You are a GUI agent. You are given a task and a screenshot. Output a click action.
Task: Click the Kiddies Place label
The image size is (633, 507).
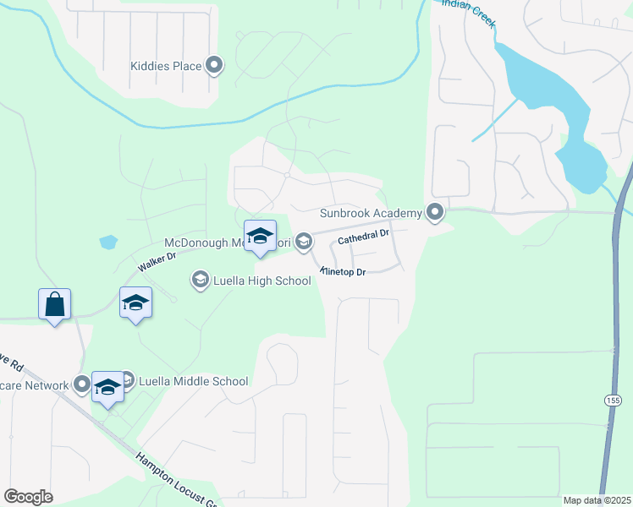pos(165,65)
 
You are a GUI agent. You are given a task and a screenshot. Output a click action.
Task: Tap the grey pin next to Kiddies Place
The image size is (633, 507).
pos(214,64)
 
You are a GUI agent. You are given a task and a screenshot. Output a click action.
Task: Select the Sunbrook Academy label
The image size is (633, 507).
pos(371,213)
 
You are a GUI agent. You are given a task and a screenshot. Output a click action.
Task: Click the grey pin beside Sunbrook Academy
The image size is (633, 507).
pos(436,212)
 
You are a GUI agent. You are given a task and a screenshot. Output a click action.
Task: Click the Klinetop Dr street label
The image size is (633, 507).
pos(343,271)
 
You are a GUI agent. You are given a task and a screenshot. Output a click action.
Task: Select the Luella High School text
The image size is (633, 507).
pos(262,281)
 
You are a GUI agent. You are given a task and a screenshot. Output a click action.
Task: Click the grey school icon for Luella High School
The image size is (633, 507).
pos(200,280)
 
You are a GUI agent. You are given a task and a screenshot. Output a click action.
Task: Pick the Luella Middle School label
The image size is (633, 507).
pos(195,381)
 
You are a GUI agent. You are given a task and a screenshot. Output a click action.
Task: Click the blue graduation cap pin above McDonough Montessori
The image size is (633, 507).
pos(260,236)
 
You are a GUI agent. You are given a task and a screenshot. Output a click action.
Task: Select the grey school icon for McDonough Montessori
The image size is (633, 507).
pos(304,243)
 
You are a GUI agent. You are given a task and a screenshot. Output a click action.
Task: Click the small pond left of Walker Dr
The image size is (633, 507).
pos(107,243)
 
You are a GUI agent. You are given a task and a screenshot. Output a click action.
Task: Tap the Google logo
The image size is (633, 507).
pos(28,497)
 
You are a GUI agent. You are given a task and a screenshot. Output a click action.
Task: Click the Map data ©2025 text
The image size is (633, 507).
pos(597,500)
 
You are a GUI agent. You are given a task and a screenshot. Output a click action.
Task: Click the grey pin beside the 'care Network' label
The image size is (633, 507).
pos(82,385)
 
